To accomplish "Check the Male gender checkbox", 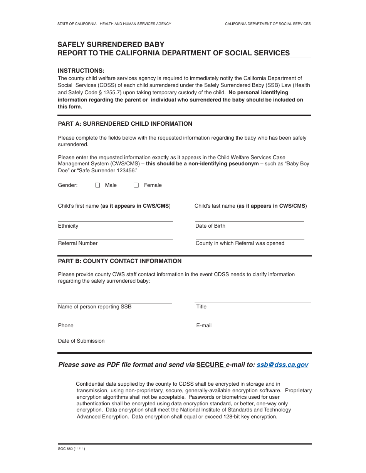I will (97, 185).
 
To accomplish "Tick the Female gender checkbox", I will (136, 185).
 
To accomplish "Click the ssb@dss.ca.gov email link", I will (282, 365).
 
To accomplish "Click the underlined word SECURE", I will (210, 365).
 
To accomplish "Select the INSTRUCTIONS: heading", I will (81, 71).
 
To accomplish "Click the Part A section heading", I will (125, 124).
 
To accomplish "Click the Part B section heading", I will (119, 261).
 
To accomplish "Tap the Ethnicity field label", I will (68, 226).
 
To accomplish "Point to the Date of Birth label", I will (210, 226).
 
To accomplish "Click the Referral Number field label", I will (78, 243).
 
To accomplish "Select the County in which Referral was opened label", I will (240, 243).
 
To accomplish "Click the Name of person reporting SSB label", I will (95, 307).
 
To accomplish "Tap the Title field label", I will (201, 307).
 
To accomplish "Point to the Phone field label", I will (66, 326).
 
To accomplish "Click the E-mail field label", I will (204, 326).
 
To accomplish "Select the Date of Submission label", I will (81, 341).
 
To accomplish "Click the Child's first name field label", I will (114, 206).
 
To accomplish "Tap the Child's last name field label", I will (250, 206).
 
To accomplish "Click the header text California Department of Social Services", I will (268, 24).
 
